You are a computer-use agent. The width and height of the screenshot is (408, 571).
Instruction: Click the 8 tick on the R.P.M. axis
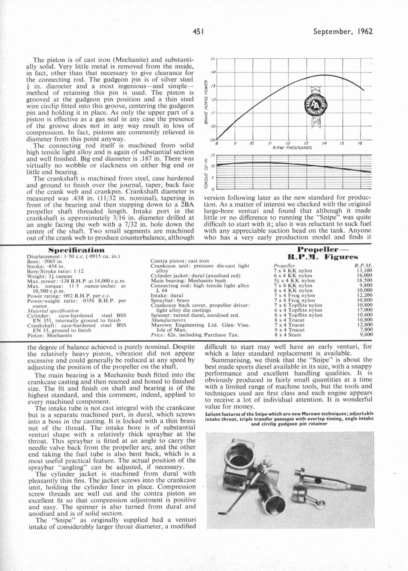click(x=217, y=144)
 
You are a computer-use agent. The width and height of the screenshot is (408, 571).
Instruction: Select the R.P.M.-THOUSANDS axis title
click(x=292, y=147)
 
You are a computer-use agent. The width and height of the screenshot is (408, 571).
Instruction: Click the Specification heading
click(x=76, y=250)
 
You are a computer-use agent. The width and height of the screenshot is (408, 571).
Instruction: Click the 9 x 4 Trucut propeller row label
click(x=289, y=329)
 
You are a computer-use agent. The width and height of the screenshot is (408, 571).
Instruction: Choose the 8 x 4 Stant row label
click(x=288, y=334)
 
